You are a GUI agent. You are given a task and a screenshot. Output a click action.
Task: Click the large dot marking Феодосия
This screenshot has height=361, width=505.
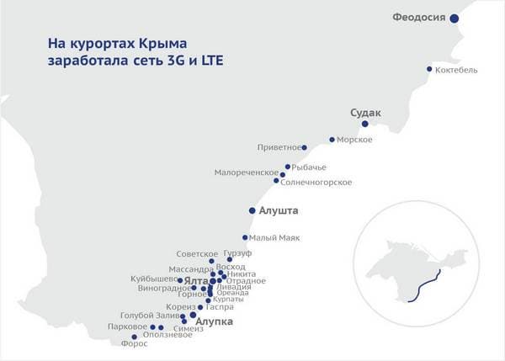pos(454,18)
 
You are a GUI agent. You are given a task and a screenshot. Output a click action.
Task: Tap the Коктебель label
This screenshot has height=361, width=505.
pos(457,70)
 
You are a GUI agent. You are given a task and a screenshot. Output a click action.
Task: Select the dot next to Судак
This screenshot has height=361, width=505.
pos(364,124)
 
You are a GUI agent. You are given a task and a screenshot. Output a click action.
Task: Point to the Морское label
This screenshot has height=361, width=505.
pos(354,140)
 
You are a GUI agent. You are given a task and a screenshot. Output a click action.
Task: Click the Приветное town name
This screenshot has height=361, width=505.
pos(279,148)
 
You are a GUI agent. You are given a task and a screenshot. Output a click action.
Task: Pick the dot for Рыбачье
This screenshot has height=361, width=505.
pos(287,167)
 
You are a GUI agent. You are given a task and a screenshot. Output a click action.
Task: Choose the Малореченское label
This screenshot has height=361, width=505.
pos(246,173)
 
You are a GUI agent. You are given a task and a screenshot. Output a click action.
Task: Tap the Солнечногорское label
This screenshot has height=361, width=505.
pos(316,183)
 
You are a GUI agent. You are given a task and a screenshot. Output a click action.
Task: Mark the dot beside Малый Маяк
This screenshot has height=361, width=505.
pos(245,237)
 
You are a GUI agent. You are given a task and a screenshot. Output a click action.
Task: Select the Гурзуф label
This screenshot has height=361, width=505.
pos(238,252)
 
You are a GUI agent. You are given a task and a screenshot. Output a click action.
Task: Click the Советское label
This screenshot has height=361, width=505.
pos(197,254)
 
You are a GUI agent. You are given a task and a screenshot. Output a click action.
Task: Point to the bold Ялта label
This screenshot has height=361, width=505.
pos(195,280)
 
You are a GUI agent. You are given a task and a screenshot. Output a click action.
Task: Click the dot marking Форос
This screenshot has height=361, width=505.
pos(135,337)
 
